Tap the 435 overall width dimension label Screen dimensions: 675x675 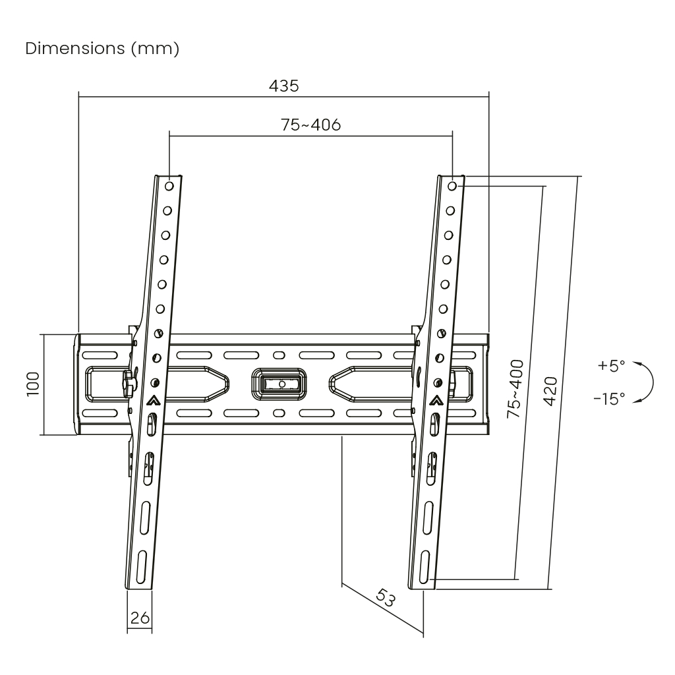coord(284,86)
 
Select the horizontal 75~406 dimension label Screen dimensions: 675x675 coord(311,125)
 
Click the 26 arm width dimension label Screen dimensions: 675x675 coord(139,618)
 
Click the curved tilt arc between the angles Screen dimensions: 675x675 coord(649,382)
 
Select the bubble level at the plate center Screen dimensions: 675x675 coord(280,383)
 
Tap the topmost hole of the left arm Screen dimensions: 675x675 coord(169,187)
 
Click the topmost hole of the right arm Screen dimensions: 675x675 coord(452,187)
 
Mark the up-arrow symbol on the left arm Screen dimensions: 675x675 coord(153,399)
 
